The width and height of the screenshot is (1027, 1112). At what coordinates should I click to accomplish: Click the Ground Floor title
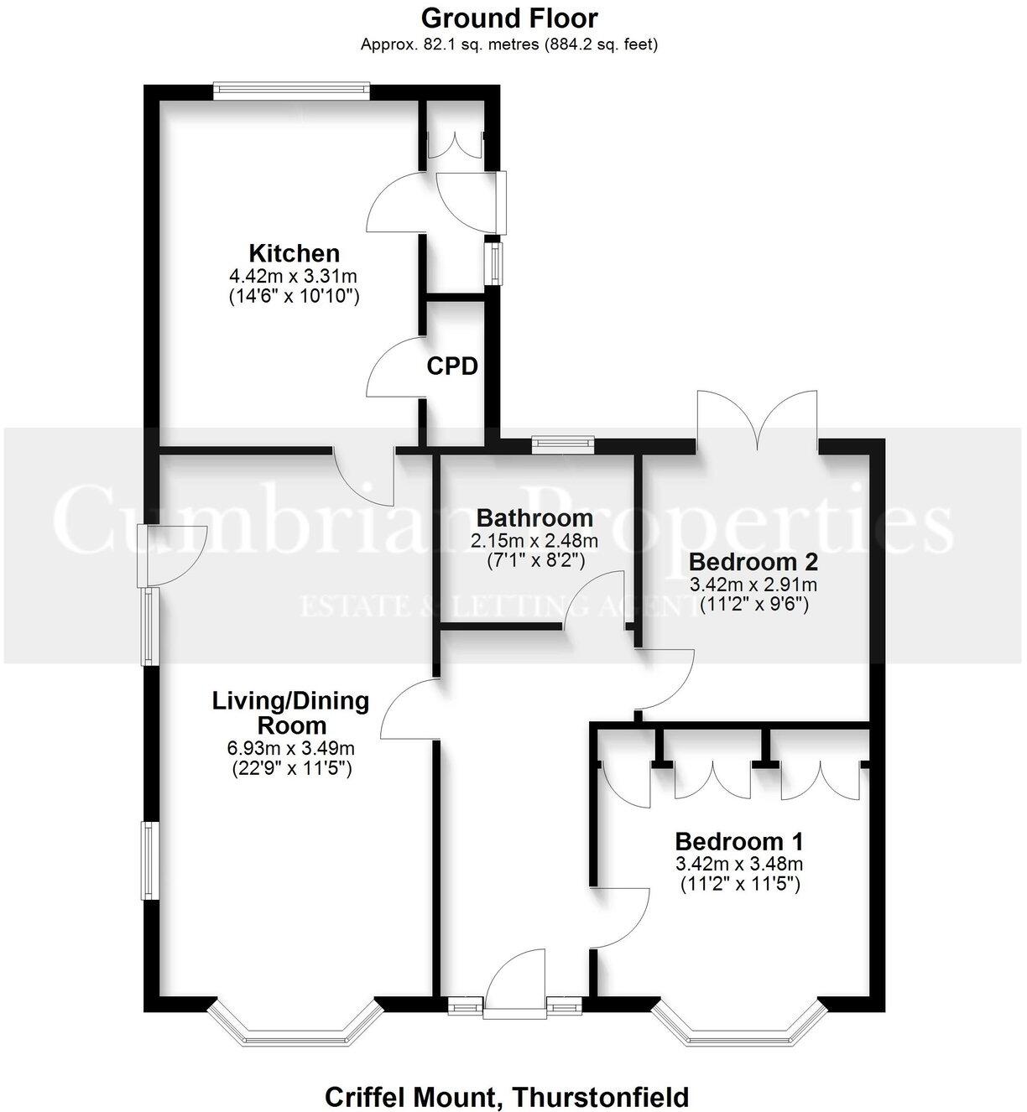pyautogui.click(x=509, y=18)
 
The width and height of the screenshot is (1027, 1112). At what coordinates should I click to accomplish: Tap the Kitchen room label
pyautogui.click(x=294, y=253)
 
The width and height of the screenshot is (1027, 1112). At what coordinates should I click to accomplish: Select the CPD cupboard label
pyautogui.click(x=452, y=366)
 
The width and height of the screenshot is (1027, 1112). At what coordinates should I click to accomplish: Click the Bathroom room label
pyautogui.click(x=534, y=518)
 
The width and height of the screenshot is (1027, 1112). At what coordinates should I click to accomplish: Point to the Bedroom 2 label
pyautogui.click(x=753, y=562)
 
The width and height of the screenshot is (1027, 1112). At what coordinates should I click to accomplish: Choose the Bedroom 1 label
pyautogui.click(x=739, y=841)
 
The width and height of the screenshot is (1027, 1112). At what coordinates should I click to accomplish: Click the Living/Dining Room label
pyautogui.click(x=291, y=712)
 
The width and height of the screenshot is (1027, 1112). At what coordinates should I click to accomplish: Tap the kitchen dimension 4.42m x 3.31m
pyautogui.click(x=294, y=276)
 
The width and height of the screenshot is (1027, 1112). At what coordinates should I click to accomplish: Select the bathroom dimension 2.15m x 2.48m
pyautogui.click(x=534, y=541)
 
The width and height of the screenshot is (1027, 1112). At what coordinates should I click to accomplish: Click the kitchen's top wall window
pyautogui.click(x=291, y=91)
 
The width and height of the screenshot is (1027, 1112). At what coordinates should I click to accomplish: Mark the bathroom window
pyautogui.click(x=563, y=444)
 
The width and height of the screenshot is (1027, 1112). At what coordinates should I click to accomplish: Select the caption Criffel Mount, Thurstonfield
pyautogui.click(x=507, y=1096)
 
